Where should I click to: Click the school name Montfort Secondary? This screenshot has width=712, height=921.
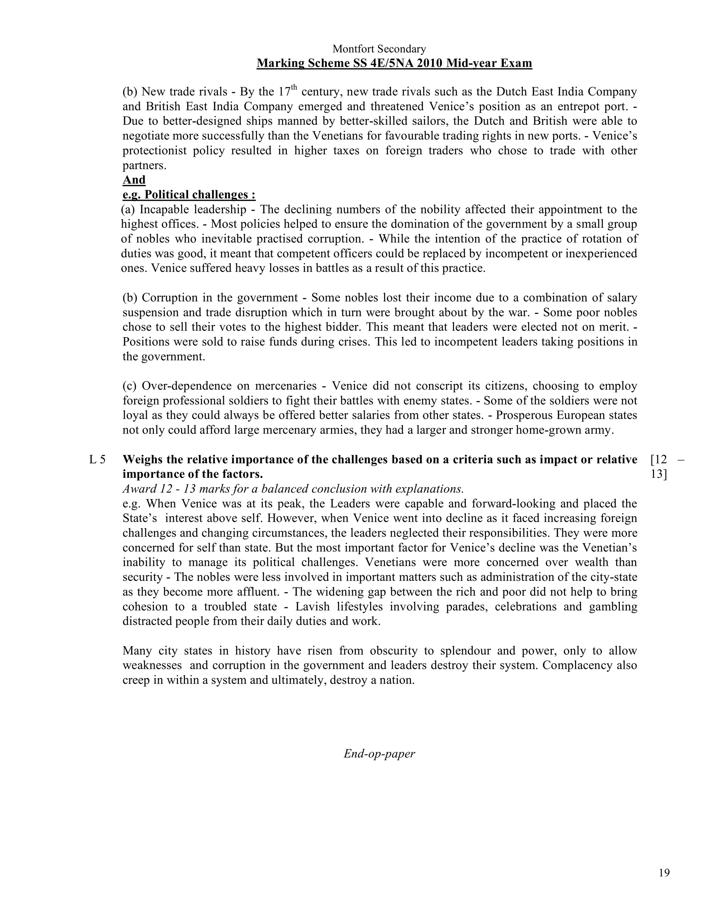pos(379,49)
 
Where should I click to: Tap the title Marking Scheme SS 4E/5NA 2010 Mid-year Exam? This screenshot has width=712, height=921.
pos(394,63)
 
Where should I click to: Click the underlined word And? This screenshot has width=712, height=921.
pos(134,180)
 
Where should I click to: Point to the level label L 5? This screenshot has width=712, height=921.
pos(97,460)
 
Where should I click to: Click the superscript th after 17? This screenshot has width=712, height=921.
pos(294,88)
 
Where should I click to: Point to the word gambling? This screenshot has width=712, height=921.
pos(614,606)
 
